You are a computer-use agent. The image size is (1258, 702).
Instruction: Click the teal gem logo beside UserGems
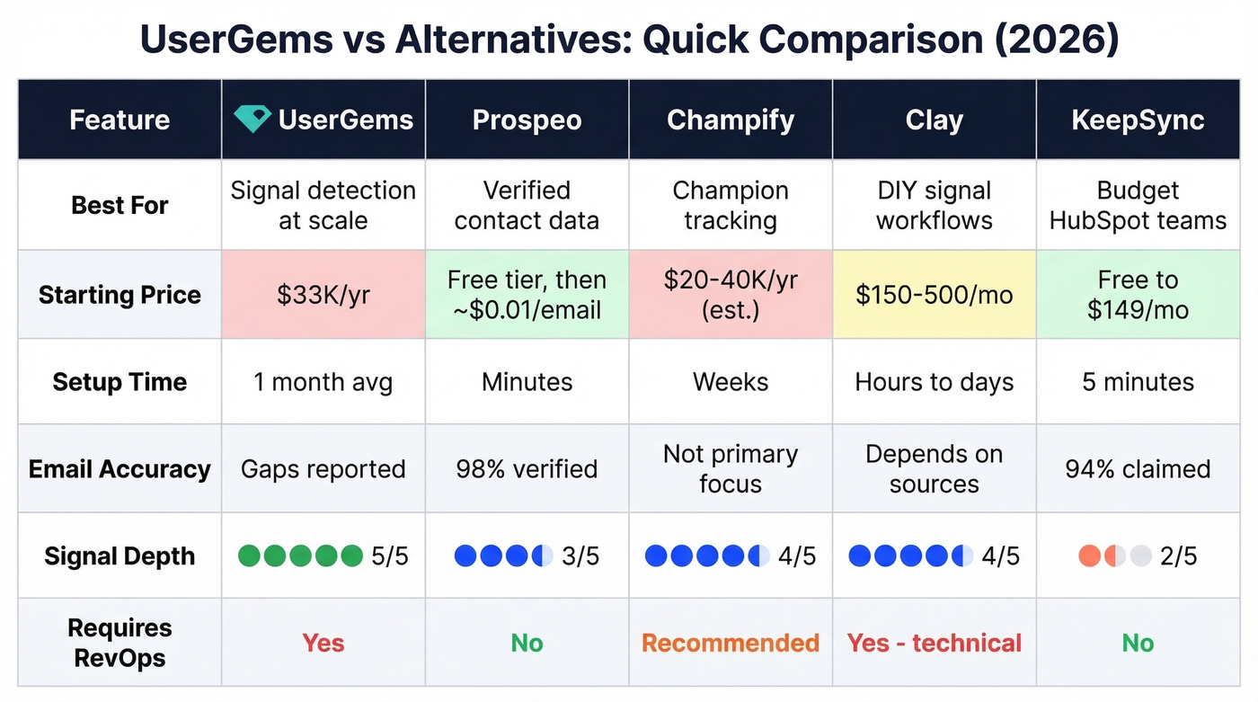(252, 120)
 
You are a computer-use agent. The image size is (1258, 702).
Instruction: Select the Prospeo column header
(527, 120)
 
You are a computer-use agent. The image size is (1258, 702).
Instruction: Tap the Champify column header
(731, 120)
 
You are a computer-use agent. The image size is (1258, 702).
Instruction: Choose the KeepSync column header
(1138, 120)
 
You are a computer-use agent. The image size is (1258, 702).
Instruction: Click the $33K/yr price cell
(323, 296)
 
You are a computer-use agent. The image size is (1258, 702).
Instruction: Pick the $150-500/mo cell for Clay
(934, 296)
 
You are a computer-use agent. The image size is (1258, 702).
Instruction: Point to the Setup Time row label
(120, 382)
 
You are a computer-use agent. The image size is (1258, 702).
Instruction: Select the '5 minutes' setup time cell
(1138, 382)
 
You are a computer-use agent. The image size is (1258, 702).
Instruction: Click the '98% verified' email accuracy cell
(527, 469)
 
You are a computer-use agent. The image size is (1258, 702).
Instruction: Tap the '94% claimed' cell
(1138, 469)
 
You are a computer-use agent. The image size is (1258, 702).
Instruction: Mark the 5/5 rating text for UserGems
(389, 556)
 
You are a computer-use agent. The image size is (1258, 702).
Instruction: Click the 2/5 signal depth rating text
(1178, 556)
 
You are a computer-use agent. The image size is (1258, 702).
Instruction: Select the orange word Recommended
(731, 644)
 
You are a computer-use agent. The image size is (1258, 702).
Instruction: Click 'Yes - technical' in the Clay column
(934, 644)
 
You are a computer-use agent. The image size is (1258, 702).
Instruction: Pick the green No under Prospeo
(527, 644)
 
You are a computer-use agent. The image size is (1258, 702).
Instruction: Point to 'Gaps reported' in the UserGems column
(323, 469)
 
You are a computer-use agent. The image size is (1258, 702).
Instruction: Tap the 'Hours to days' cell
(934, 382)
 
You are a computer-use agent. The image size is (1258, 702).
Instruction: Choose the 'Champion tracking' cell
(731, 205)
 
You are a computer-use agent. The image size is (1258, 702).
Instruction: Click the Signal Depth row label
(120, 556)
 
